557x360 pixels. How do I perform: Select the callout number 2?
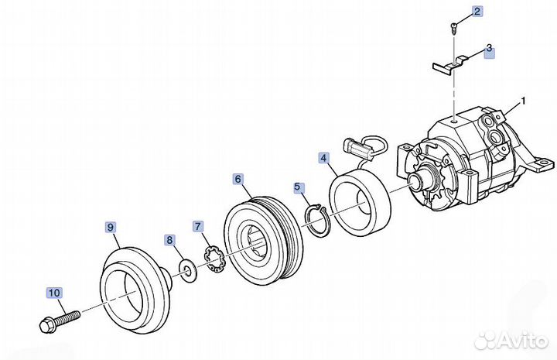[x=477, y=11]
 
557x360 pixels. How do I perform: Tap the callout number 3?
[x=488, y=48]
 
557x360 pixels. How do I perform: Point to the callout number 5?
[x=299, y=187]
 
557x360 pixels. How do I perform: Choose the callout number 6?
[x=237, y=179]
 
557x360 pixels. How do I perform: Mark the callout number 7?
[x=198, y=226]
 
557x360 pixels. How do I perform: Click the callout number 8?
[x=169, y=240]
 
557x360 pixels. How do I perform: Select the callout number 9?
[x=111, y=227]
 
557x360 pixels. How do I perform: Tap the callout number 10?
[x=53, y=293]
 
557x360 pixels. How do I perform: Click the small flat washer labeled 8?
[x=186, y=269]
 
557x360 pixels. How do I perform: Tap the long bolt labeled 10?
[x=58, y=319]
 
